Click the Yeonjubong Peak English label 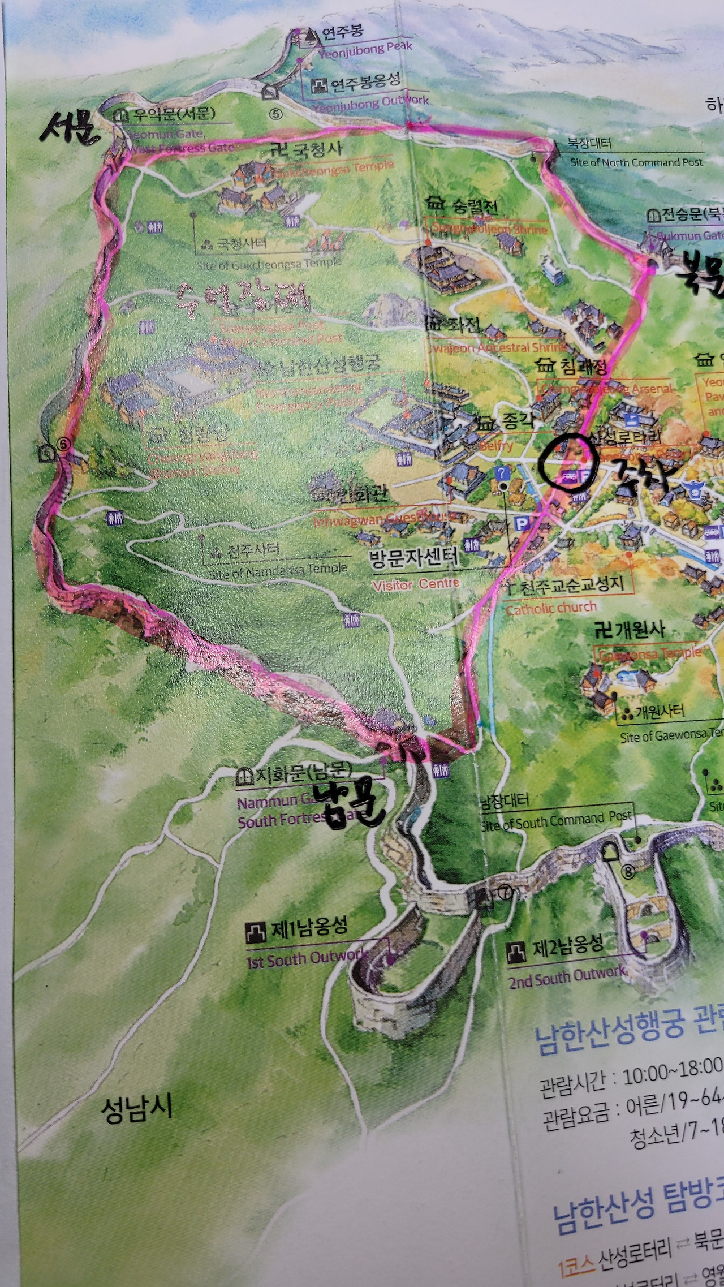coord(365,50)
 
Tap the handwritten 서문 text coord(68,128)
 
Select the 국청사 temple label coord(306,149)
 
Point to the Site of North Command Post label coord(636,162)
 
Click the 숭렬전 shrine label coord(463,206)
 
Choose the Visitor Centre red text coord(416,583)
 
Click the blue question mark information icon coord(502,473)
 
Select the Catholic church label coord(551,608)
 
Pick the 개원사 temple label coord(630,630)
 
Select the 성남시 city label coord(136,1108)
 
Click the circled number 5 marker coord(275,115)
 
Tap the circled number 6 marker coord(63,445)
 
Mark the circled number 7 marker coord(505,893)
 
